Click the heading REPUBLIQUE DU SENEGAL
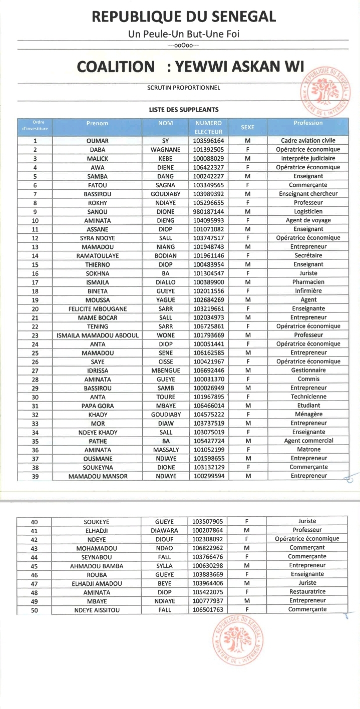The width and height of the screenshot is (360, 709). point(184,17)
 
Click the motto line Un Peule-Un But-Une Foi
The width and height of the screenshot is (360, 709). point(184,35)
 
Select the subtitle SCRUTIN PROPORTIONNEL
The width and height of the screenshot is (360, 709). point(184,88)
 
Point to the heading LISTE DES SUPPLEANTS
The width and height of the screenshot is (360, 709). point(184,109)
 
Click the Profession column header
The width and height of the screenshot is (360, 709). point(308,123)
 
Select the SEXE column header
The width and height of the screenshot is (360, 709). point(247,127)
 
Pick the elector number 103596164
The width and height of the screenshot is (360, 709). point(209,141)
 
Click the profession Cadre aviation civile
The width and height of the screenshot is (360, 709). point(308,141)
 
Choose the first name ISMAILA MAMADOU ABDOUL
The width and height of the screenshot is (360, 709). point(98,335)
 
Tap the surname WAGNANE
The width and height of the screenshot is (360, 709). point(166,150)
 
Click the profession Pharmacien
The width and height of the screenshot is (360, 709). point(308,282)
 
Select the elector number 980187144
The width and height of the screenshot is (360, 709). point(209,211)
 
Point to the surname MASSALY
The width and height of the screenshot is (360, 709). point(166,450)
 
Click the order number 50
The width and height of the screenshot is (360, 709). point(35,610)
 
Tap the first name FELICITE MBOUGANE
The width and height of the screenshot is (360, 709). point(98,308)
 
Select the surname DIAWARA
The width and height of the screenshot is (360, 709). point(164,530)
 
